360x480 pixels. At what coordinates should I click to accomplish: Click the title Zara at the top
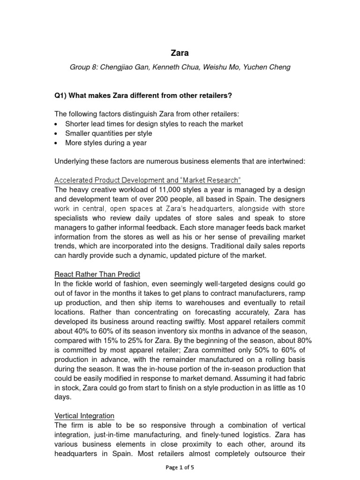tap(180, 53)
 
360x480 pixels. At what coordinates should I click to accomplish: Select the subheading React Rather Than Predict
tap(97, 274)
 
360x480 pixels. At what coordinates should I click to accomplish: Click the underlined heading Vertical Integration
tap(84, 416)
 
